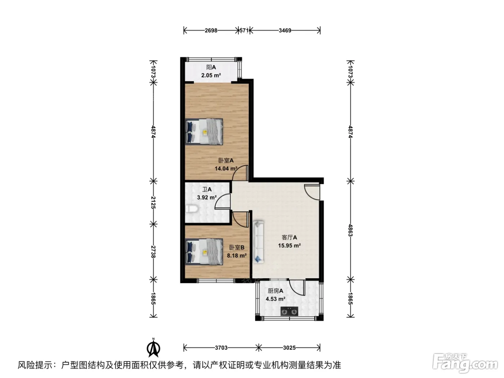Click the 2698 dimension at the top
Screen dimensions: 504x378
211,31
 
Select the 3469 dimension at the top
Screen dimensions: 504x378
285,31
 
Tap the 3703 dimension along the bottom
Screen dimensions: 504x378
221,348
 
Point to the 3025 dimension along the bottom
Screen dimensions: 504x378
289,348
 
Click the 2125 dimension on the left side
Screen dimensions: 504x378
153,202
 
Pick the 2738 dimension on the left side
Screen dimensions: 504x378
153,252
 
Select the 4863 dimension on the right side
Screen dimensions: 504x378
350,230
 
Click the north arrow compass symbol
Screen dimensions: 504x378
153,348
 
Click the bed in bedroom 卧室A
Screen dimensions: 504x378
204,132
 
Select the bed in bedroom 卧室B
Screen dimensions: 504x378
204,252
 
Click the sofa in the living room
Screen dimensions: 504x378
258,242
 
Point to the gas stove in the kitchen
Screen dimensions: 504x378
289,311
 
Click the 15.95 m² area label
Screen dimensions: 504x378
289,246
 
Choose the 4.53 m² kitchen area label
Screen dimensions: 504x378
275,299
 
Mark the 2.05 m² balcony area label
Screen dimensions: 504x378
211,75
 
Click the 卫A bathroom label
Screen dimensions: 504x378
207,189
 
